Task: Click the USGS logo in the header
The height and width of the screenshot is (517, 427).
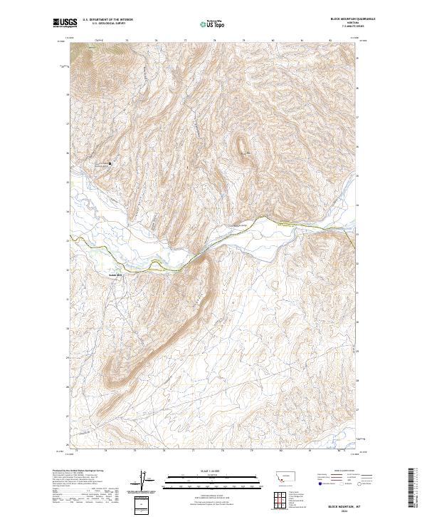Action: [63, 23]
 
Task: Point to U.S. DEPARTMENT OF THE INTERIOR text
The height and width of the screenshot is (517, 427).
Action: [107, 19]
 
